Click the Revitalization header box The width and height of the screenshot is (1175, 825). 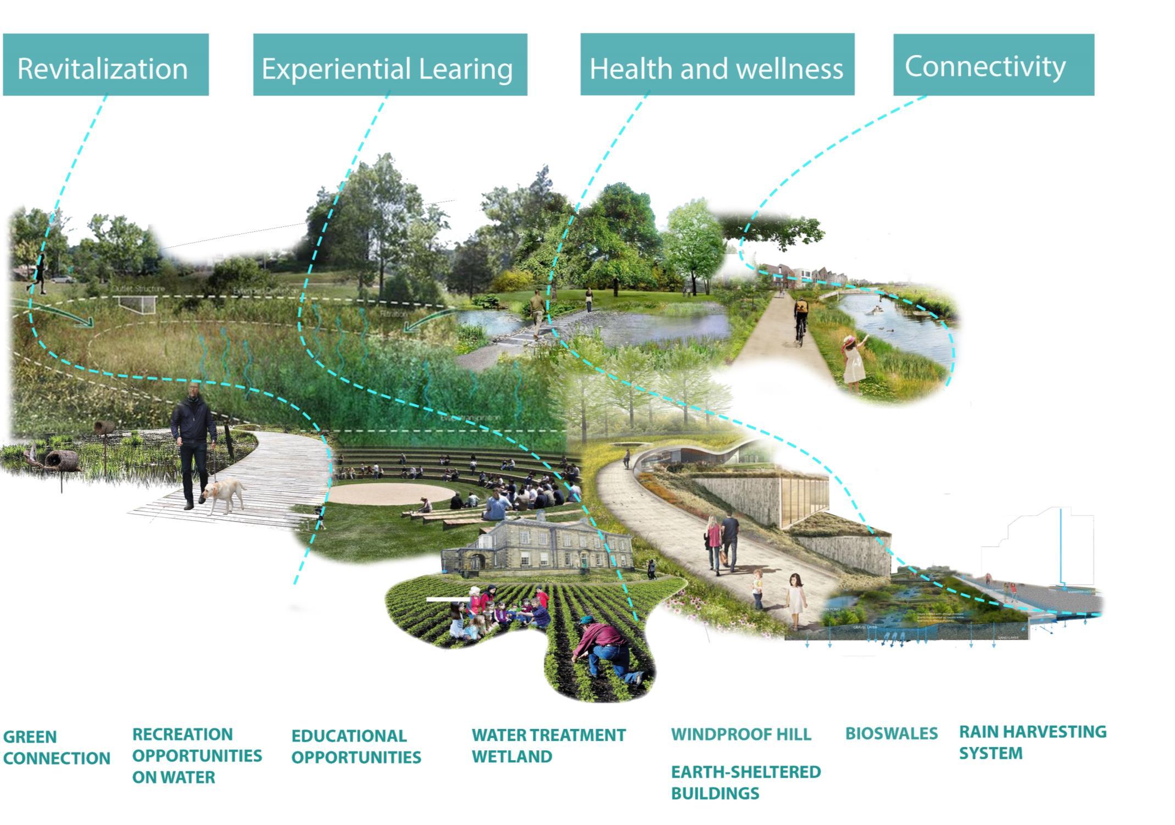[x=105, y=65]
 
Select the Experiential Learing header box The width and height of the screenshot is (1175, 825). [x=390, y=65]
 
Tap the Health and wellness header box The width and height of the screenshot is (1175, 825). [x=717, y=65]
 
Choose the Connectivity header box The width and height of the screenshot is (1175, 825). [x=993, y=65]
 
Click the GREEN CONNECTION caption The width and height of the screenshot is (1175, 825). [x=56, y=748]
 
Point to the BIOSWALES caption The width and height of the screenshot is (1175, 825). [x=891, y=733]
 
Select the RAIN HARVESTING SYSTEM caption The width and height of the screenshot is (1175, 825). [x=1032, y=742]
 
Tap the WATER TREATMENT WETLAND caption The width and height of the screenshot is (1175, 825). [x=548, y=745]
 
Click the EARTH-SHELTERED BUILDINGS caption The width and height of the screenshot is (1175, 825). [x=745, y=782]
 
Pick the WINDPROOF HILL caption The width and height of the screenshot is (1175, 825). [x=740, y=734]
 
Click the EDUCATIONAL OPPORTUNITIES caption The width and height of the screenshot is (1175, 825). [x=356, y=746]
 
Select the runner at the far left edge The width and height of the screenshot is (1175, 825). [x=38, y=275]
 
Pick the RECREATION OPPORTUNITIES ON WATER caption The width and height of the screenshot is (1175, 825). [x=197, y=755]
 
